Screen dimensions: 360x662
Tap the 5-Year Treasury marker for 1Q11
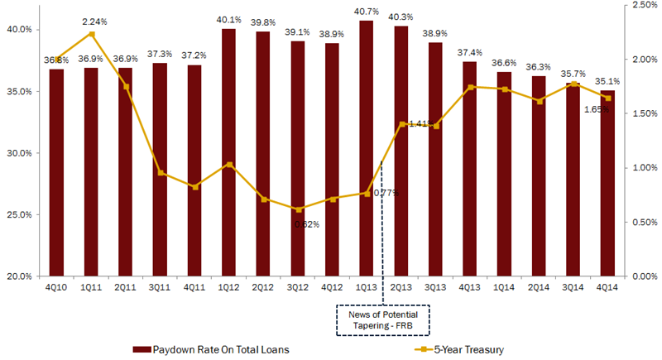point(92,34)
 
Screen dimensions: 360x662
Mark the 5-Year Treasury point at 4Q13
point(469,87)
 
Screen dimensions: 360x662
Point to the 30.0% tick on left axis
point(19,153)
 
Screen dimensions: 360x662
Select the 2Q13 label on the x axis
point(401,286)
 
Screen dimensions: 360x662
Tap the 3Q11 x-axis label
point(160,286)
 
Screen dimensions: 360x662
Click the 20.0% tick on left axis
point(19,276)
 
